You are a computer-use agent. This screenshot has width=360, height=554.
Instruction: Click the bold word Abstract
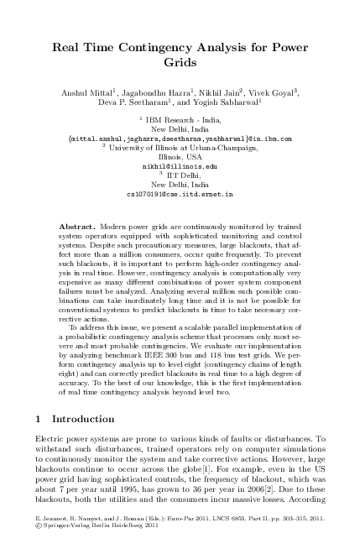point(77,227)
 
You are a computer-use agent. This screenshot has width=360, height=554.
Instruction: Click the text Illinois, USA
point(180,156)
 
